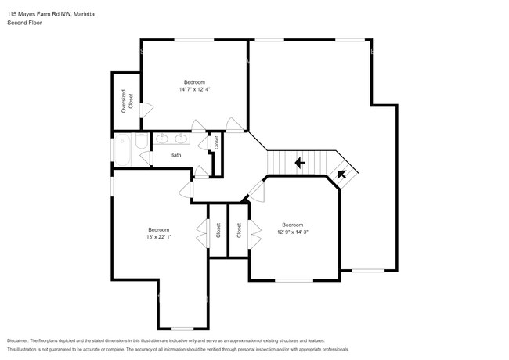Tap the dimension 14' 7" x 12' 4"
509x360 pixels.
pos(194,90)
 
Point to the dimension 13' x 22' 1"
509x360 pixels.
pos(158,237)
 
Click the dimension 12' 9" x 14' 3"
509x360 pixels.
pos(293,231)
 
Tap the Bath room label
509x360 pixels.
pos(175,155)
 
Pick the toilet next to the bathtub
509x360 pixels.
pos(141,142)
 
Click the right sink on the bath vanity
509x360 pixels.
pos(182,139)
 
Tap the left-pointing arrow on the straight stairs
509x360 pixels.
pos(298,163)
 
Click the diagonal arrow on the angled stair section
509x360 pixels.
pos(342,175)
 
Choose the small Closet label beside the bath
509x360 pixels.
pos(216,142)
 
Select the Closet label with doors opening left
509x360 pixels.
pos(218,230)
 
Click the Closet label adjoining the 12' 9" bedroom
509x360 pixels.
pos(238,230)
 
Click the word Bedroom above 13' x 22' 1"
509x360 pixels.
pos(158,229)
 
